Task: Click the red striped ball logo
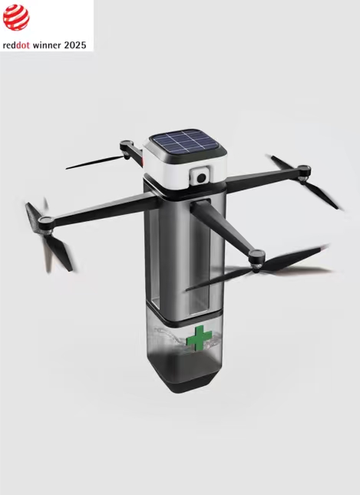pyautogui.click(x=16, y=17)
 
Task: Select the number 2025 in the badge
pyautogui.click(x=76, y=45)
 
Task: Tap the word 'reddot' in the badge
pyautogui.click(x=17, y=45)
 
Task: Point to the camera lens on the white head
pyautogui.click(x=202, y=177)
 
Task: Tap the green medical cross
pyautogui.click(x=200, y=338)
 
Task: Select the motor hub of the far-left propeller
pyautogui.click(x=47, y=223)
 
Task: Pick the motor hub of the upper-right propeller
pyautogui.click(x=302, y=170)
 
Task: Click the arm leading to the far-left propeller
pyautogui.click(x=100, y=207)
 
